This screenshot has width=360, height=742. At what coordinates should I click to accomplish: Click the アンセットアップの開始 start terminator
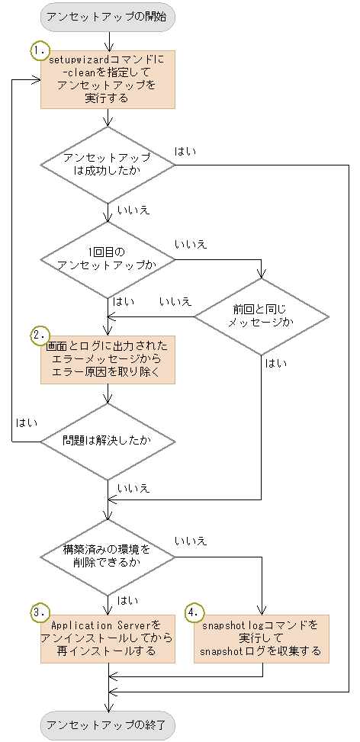pos(108,17)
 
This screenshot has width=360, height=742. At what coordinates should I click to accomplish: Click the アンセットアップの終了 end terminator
pos(108,724)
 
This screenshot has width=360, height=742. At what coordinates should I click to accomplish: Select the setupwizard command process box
pos(108,79)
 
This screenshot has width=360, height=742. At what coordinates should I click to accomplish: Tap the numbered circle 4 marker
pos(195,613)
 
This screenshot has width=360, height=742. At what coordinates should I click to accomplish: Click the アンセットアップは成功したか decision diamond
pos(108,163)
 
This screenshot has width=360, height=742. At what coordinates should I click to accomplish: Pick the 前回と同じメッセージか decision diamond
pos(262,316)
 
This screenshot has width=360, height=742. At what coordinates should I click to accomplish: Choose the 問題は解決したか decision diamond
pos(108,441)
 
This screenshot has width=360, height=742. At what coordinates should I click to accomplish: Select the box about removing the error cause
pos(108,359)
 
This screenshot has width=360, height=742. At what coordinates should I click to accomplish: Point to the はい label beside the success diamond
pos(185,151)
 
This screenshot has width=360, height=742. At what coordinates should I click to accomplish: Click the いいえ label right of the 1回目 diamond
pos(191,244)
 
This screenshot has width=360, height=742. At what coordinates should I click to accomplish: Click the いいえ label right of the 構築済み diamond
pos(191,541)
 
